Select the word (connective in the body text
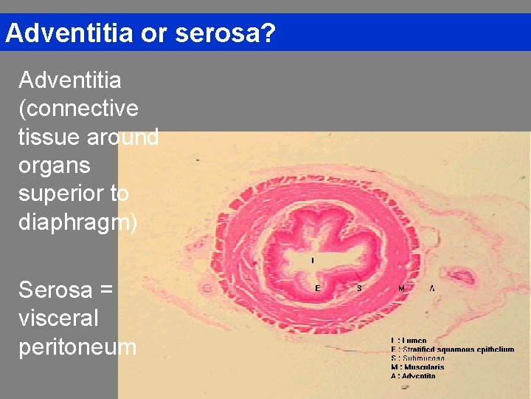[78, 109]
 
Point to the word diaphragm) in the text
[77, 222]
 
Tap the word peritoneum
[77, 346]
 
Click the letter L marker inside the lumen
[312, 260]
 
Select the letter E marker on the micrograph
[318, 288]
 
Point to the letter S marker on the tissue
[359, 288]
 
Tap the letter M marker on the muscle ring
[401, 288]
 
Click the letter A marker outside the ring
[431, 288]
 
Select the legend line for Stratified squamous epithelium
[452, 349]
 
